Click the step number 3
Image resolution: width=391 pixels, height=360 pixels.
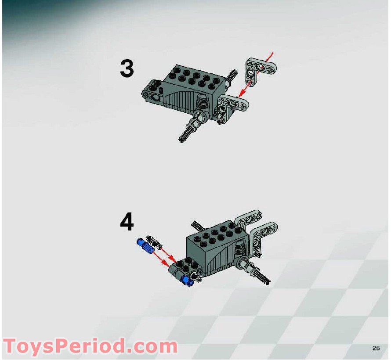127,69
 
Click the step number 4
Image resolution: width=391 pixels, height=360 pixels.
127,223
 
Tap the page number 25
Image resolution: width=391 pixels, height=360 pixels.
376,348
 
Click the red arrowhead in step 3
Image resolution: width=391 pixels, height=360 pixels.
240,94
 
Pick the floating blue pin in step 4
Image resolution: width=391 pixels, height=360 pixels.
145,247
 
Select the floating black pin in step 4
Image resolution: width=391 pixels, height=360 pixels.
154,241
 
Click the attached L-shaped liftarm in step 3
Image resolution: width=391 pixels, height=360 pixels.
232,105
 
